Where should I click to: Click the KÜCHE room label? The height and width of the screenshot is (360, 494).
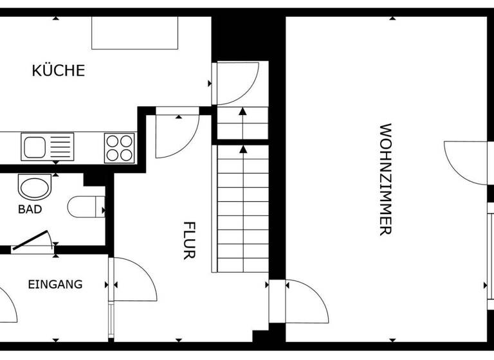click(58, 70)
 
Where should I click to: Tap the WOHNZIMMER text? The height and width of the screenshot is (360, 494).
click(385, 179)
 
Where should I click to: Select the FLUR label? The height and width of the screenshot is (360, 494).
click(188, 240)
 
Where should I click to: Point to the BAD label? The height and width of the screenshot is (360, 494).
click(30, 210)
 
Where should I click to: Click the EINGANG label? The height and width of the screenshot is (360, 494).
click(55, 284)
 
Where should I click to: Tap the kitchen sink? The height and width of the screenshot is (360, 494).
click(48, 147)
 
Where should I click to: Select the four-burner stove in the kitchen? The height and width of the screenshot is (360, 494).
click(120, 147)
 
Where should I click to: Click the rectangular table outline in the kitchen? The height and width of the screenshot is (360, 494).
click(134, 33)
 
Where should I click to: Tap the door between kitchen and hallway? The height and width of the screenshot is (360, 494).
click(177, 134)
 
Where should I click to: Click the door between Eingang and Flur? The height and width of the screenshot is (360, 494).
click(133, 279)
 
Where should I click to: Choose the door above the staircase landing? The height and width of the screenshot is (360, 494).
click(237, 82)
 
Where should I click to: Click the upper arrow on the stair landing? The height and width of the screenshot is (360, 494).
click(242, 113)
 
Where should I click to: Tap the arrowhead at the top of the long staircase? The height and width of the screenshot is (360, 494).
click(242, 151)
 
